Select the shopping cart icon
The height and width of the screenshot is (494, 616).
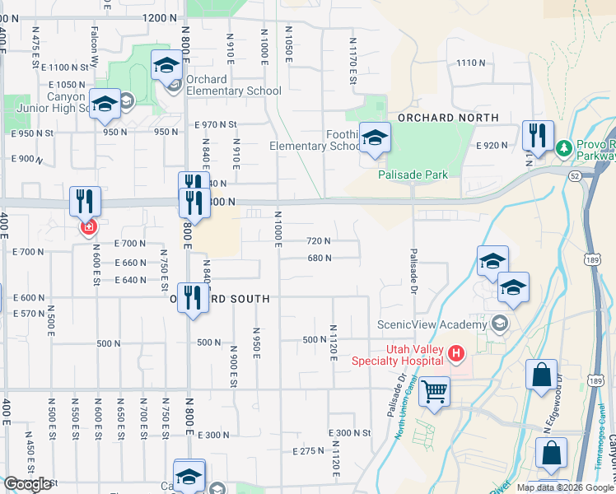click(434, 390)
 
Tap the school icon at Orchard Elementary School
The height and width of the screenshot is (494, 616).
click(167, 65)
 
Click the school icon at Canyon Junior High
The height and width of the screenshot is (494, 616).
click(105, 104)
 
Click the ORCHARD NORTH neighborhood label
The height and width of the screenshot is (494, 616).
click(448, 118)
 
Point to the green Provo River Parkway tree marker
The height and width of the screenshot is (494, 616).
click(564, 149)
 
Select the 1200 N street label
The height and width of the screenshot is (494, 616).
click(159, 17)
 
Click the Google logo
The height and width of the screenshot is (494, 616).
click(27, 484)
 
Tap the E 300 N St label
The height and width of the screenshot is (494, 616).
click(349, 433)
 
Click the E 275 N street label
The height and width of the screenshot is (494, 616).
click(310, 451)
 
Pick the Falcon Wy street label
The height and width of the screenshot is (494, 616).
click(96, 54)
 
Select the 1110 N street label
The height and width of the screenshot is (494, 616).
click(471, 63)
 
